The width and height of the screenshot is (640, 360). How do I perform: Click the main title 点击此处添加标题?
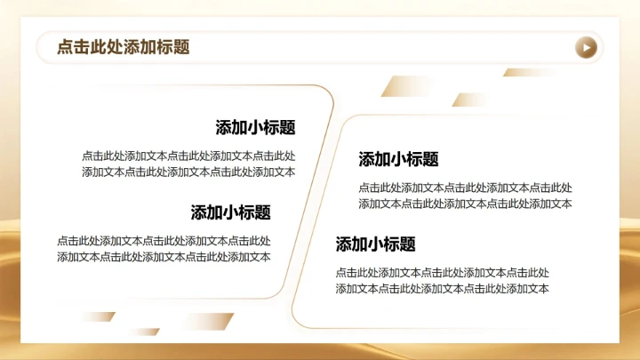[124, 47]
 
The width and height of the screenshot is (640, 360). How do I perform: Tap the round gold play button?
[585, 47]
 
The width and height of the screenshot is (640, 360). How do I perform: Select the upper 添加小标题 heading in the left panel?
[255, 127]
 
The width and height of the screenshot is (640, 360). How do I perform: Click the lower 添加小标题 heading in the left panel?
[230, 212]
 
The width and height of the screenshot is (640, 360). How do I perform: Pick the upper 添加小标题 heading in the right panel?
[398, 160]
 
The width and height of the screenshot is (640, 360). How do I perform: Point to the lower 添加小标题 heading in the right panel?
[375, 244]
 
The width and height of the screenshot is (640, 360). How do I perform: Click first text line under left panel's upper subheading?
[188, 155]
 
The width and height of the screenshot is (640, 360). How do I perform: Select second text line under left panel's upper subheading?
[188, 172]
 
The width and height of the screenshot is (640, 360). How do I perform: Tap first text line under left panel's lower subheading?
[164, 240]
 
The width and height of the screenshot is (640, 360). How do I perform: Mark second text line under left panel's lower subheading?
[164, 257]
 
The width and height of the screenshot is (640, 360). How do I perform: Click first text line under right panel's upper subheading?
[465, 188]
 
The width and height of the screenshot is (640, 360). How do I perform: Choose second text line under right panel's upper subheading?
[465, 204]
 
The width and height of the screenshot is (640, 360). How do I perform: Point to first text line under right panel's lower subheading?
[442, 272]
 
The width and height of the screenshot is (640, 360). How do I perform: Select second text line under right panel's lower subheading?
[442, 289]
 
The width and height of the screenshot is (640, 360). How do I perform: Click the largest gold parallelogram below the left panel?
[204, 321]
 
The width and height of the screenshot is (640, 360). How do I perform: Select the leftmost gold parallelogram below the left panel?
[97, 316]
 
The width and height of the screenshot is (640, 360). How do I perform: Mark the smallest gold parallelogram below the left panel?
[142, 332]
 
